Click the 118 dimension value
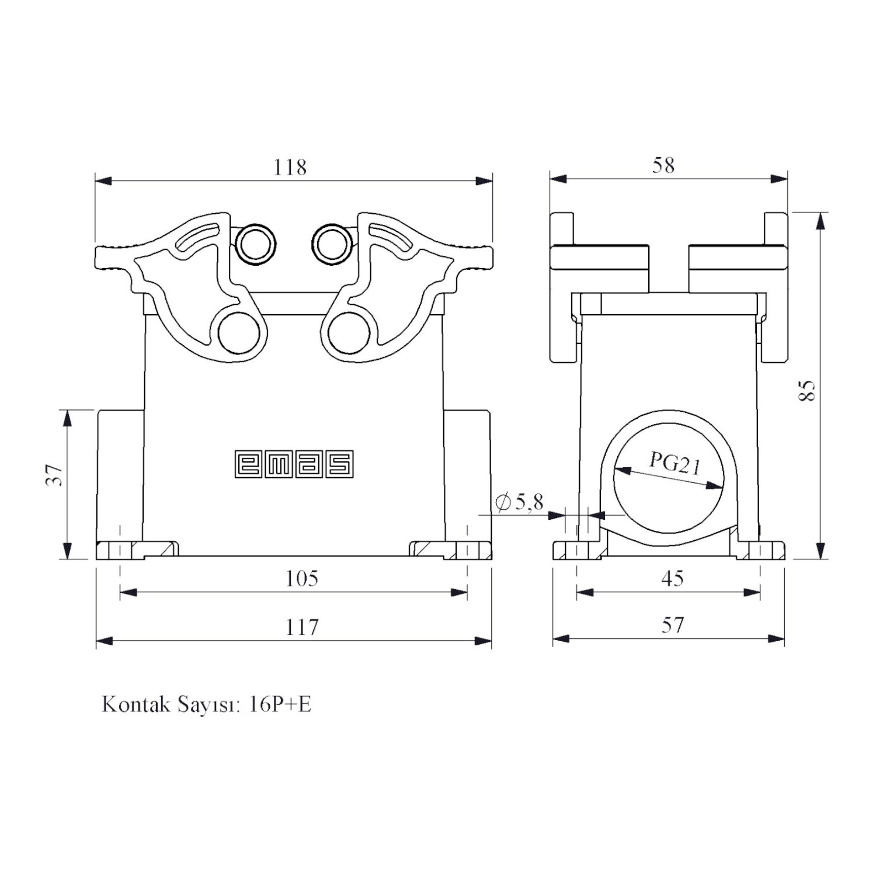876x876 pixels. coord(290,168)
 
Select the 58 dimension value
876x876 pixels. coord(663,165)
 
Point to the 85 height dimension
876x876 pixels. coord(807,390)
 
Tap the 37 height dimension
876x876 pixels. coord(54,475)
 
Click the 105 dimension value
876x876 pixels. coord(301,578)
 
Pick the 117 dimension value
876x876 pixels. coord(301,627)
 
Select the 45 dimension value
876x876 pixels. coord(672,578)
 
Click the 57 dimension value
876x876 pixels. coord(672,625)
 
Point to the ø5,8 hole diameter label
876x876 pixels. coord(519,502)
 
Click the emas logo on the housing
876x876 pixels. coord(294,464)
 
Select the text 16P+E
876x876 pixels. coord(280,704)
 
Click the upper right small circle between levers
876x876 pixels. coord(333,244)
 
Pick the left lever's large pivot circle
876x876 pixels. coord(238,333)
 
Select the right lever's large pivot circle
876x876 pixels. coord(349,333)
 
